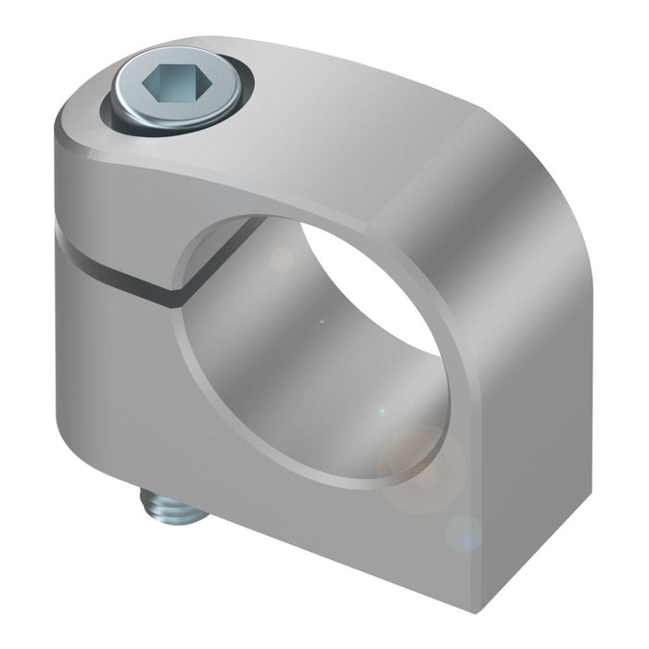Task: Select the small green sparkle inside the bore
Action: [x=380, y=409]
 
